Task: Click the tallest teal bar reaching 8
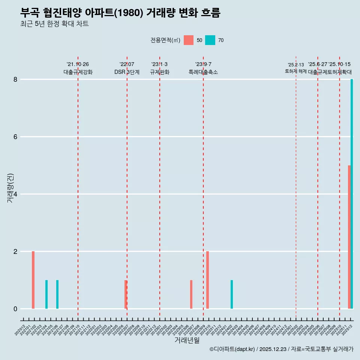pos(352,194)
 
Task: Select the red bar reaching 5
pos(349,237)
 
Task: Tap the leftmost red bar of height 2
pos(33,280)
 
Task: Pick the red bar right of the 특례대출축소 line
pos(207,280)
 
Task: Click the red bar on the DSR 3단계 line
pos(126,294)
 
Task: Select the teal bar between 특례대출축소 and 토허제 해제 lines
pos(232,294)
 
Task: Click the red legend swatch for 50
pos(189,40)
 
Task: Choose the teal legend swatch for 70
pos(210,40)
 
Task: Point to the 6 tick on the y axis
pos(15,137)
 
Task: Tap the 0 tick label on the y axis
pos(15,309)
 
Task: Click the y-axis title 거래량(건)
pos(10,188)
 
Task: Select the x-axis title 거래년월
pos(187,340)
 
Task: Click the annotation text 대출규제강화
pos(78,72)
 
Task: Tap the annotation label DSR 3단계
pos(127,72)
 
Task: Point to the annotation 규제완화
pos(160,72)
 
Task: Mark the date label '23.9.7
pos(203,64)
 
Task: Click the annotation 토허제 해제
pos(295,71)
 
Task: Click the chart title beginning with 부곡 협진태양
pos(120,13)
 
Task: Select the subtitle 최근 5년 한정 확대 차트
pos(54,24)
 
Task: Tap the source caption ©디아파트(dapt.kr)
pos(281,349)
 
